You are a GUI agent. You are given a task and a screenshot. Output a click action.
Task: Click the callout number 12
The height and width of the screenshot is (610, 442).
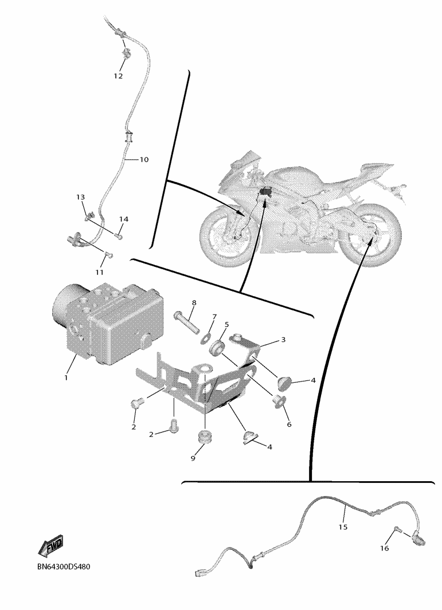click(118, 76)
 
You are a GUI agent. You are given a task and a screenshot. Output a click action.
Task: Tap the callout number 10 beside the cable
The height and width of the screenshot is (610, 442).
click(144, 159)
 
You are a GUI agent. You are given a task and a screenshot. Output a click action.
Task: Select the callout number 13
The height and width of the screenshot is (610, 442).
click(81, 197)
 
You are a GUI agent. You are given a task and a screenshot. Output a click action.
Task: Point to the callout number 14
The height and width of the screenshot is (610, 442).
click(124, 219)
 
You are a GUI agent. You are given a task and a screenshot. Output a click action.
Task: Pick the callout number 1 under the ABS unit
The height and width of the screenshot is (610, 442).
click(66, 377)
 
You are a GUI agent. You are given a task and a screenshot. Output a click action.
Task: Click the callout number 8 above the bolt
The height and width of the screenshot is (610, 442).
click(194, 302)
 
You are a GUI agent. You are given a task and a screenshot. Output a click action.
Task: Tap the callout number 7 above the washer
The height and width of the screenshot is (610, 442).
click(214, 317)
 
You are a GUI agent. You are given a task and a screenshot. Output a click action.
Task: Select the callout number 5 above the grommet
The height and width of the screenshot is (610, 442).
click(226, 324)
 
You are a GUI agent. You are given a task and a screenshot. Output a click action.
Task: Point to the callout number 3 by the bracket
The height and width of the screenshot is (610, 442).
click(283, 340)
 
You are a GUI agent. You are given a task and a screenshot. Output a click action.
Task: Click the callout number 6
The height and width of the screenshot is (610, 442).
click(289, 424)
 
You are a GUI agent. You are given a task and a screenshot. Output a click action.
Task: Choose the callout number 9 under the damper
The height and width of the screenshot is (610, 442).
click(193, 458)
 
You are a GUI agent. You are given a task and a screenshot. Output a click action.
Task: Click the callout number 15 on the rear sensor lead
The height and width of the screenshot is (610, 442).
click(342, 527)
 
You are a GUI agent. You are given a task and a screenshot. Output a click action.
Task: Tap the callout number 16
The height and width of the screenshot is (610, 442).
click(384, 548)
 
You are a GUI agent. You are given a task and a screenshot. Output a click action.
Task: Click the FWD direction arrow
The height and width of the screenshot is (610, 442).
click(50, 546)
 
